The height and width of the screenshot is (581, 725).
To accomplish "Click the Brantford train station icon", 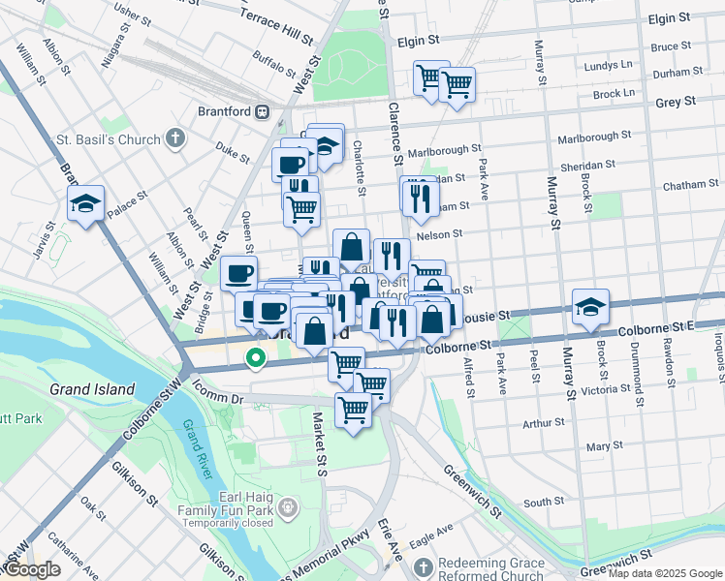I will click(x=262, y=111).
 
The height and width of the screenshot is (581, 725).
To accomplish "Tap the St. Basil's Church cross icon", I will click(x=175, y=139).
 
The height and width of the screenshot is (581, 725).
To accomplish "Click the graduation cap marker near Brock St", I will click(x=590, y=307).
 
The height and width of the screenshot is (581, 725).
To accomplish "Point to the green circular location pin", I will click(x=256, y=358).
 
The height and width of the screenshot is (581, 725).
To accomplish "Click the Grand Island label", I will click(x=91, y=389).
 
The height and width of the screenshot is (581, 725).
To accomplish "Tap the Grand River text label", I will click(x=199, y=441).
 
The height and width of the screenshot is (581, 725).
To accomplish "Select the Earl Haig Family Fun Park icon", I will click(x=288, y=506).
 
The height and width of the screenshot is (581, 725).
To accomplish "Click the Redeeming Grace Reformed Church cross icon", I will click(x=423, y=566).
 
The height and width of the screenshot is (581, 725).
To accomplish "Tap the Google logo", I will click(x=32, y=569).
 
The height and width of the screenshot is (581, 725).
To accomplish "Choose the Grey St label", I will click(x=676, y=101).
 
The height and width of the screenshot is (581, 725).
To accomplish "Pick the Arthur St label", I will click(x=543, y=423).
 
